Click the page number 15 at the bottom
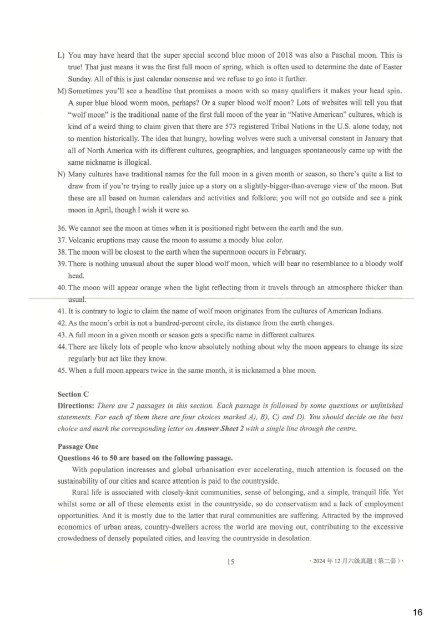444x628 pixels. tap(230, 561)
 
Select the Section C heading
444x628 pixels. tap(73, 394)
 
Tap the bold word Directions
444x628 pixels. tap(75, 406)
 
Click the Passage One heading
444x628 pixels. tap(78, 446)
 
